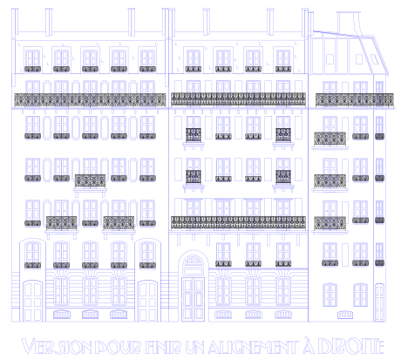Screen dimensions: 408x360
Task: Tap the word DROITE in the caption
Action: [350, 346]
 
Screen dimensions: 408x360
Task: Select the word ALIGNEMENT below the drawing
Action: [253, 347]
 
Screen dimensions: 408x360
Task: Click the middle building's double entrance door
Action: [193, 299]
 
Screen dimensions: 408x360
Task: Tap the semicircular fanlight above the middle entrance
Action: [193, 260]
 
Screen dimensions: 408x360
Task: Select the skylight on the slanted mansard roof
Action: [374, 59]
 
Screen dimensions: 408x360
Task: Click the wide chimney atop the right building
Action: [348, 24]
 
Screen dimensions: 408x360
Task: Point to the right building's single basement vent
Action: [345, 315]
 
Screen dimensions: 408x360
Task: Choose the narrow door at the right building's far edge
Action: [379, 302]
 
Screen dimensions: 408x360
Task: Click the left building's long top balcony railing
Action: [90, 100]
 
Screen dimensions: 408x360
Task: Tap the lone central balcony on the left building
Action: [90, 181]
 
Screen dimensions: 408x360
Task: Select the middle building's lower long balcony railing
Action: [238, 223]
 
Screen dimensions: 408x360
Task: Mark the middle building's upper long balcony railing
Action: [238, 99]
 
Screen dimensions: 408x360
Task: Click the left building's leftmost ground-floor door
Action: [32, 301]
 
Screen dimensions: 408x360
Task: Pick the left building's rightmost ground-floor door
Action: [147, 301]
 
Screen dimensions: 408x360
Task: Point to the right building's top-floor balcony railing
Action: [355, 100]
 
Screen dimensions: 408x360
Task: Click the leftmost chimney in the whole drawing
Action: [15, 23]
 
